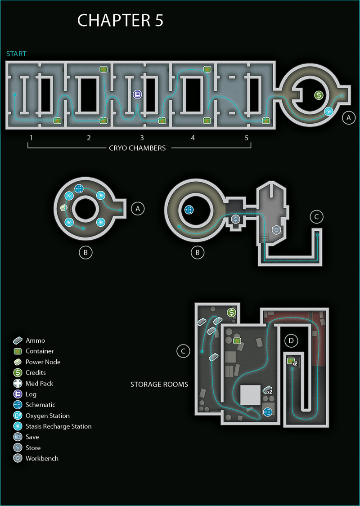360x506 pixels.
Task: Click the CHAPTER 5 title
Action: [x=120, y=21]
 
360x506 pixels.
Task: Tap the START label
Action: [x=17, y=54]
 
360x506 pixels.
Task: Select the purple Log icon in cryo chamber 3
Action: [x=138, y=94]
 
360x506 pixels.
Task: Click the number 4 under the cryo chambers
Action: [x=193, y=138]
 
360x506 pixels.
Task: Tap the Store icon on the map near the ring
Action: [x=236, y=219]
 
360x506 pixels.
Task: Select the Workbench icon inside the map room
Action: [x=276, y=230]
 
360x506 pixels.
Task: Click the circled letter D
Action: [x=291, y=340]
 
